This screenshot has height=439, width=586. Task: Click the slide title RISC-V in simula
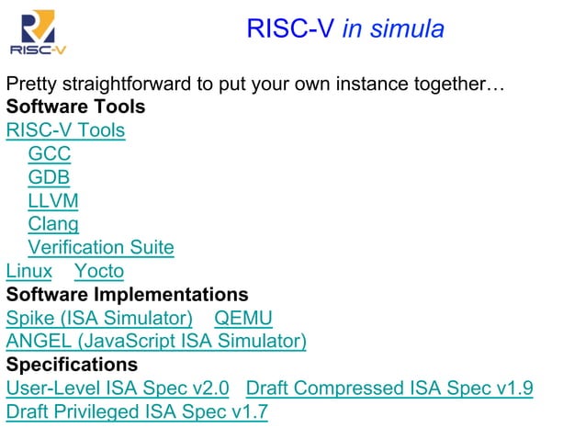point(344,28)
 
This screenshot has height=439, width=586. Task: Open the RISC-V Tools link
point(65,130)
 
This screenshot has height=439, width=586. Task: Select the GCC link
point(49,153)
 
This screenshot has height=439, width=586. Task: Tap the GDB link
point(49,177)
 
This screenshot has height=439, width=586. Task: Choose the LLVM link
point(52,200)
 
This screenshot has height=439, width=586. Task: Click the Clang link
point(53,223)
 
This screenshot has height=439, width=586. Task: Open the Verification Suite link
point(100,247)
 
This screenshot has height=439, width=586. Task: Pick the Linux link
point(29,271)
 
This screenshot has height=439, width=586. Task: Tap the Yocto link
point(98,271)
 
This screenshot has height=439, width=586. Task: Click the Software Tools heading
point(75,107)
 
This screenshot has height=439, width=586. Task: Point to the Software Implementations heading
point(127,295)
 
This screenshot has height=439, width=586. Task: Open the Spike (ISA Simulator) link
point(99,319)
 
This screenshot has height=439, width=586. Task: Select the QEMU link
point(242,319)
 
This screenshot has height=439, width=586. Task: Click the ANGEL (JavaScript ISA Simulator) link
point(156,342)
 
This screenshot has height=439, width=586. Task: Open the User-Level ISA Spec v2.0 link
point(118,388)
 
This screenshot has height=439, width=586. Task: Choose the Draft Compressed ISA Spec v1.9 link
point(389,388)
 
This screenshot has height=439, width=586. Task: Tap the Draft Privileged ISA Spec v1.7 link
point(137,412)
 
